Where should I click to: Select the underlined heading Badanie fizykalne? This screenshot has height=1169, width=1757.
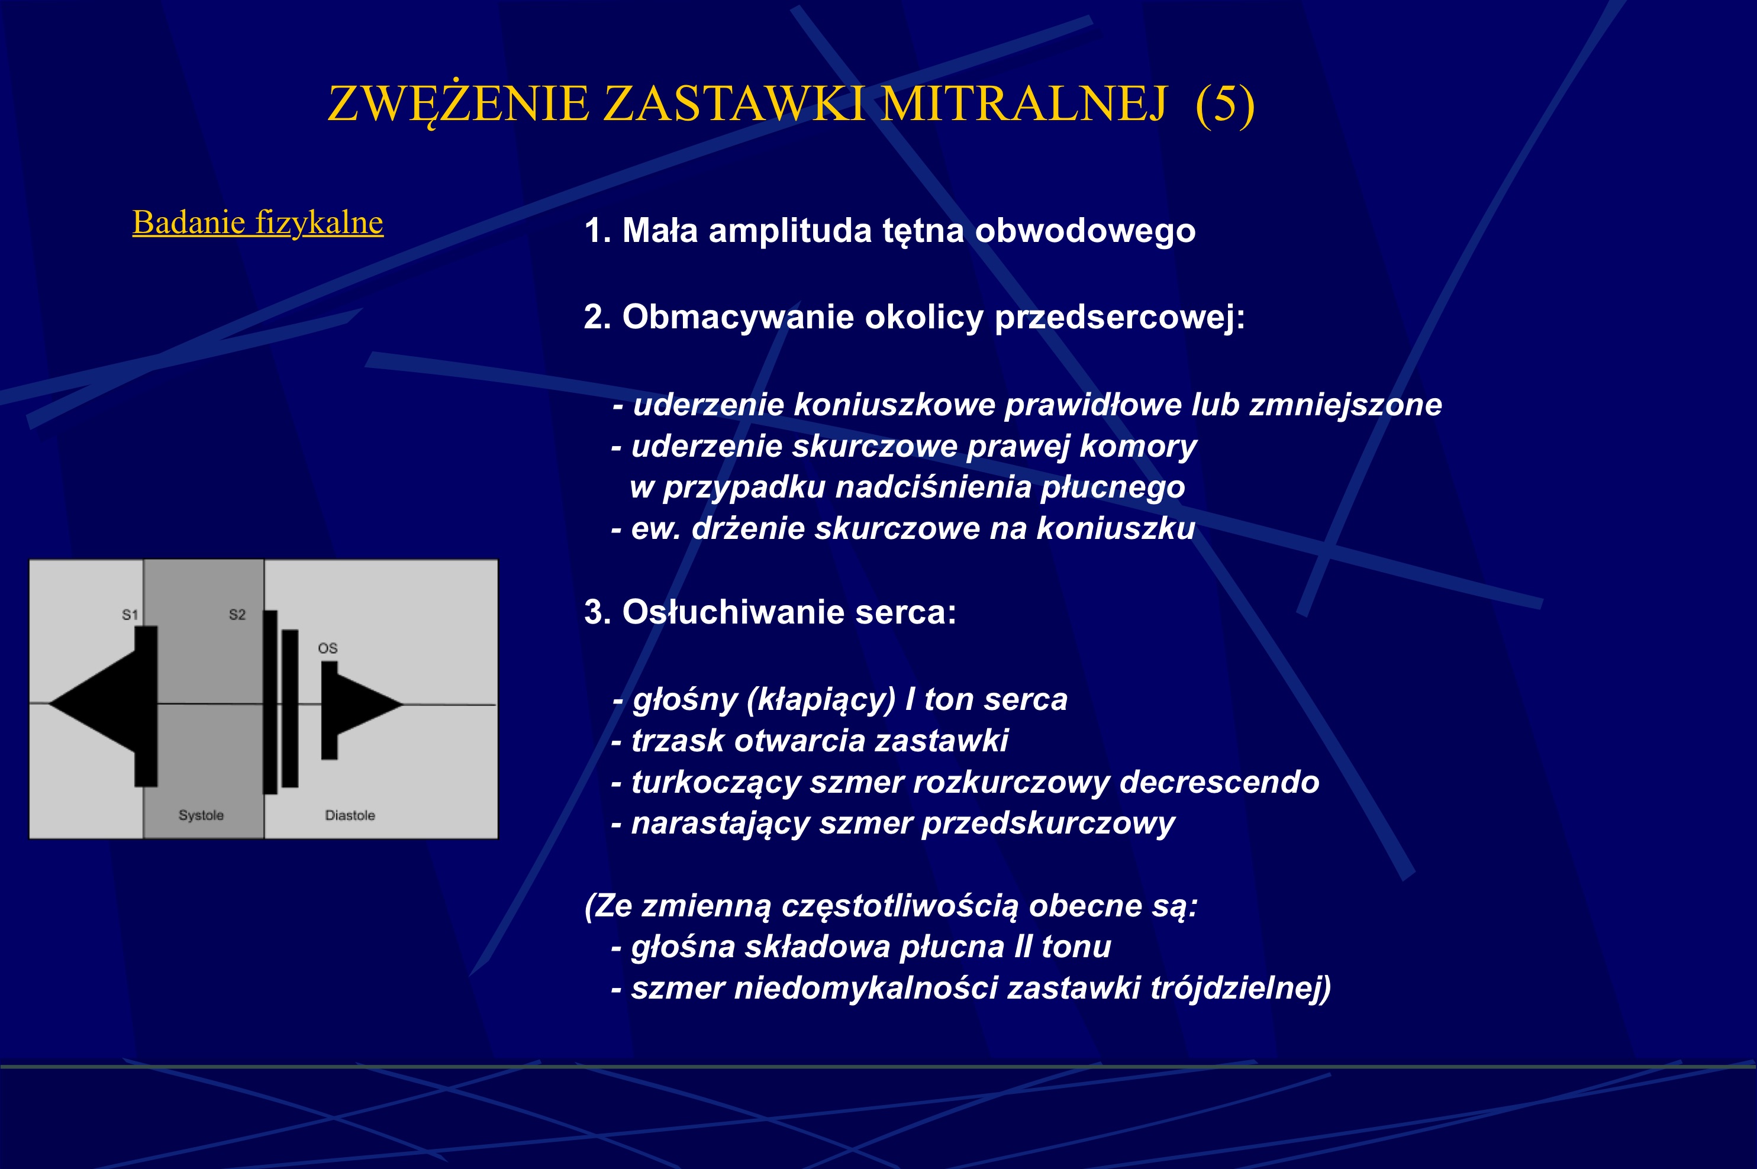coord(257,222)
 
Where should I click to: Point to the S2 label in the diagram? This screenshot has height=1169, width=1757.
coord(237,614)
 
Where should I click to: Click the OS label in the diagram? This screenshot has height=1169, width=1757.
coord(327,648)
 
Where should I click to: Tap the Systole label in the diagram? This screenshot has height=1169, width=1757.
coord(201,815)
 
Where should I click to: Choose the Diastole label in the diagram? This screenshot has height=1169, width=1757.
coord(350,815)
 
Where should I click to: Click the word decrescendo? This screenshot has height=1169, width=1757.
coord(1218,782)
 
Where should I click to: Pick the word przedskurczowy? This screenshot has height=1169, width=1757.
coord(1048,823)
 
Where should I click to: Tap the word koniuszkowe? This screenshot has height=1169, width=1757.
coord(894,405)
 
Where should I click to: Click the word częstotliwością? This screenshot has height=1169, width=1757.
coord(899,906)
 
